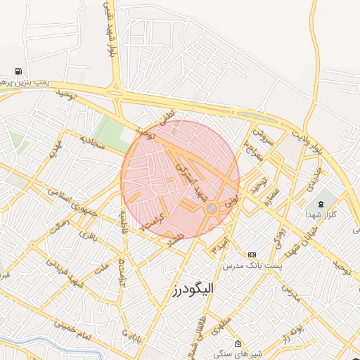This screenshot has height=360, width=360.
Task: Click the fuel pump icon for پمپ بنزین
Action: (17, 71)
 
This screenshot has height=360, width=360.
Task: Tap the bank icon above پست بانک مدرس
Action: (252, 254)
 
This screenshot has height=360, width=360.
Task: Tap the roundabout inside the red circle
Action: (211, 208)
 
